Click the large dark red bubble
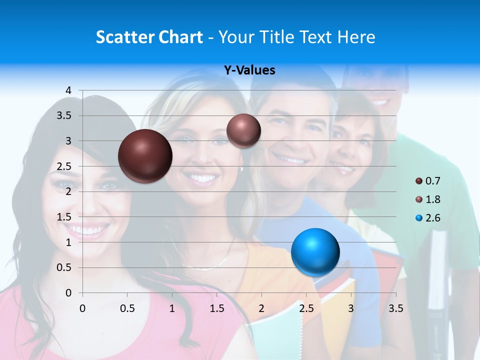click(145, 156)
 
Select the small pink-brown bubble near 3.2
click(243, 130)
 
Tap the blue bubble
click(315, 252)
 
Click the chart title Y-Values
click(249, 70)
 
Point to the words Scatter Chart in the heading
click(149, 37)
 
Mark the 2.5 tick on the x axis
click(306, 309)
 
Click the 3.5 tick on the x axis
click(396, 309)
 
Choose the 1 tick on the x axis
click(172, 309)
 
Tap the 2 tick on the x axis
click(261, 309)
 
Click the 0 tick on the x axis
click(82, 309)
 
